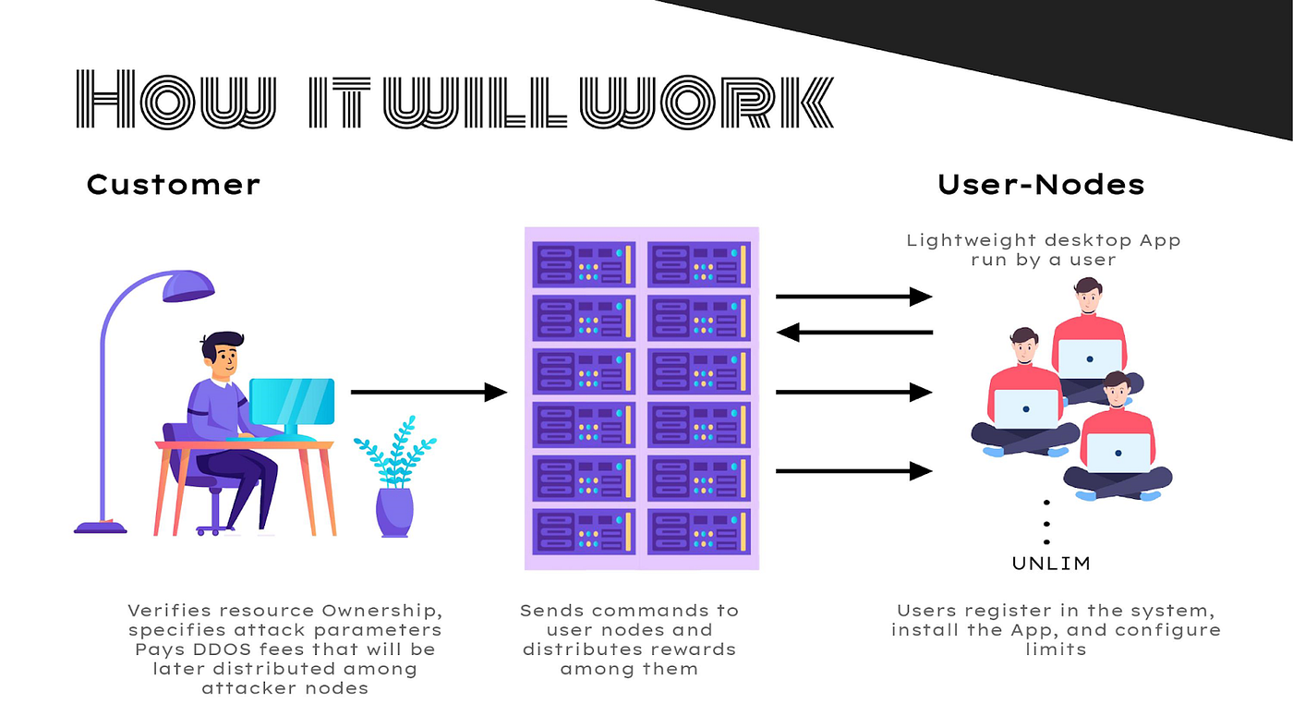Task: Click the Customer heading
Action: [x=173, y=184]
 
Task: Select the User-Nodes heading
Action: [x=1041, y=184]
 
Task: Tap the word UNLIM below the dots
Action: [x=1051, y=563]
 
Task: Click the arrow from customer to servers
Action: [x=429, y=392]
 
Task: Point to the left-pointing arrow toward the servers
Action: [x=854, y=332]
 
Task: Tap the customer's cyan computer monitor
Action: [x=292, y=402]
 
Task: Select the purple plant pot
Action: [x=394, y=512]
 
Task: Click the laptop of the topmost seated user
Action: [x=1090, y=358]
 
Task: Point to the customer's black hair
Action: [x=222, y=344]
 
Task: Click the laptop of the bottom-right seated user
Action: [x=1118, y=453]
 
